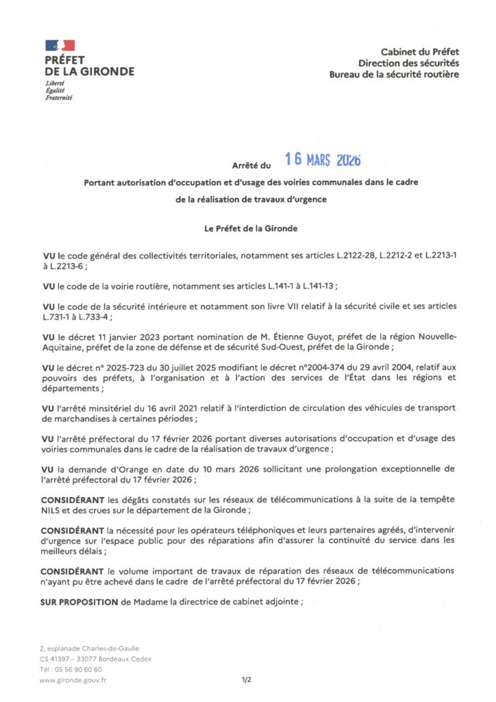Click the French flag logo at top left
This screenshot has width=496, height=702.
coord(60,45)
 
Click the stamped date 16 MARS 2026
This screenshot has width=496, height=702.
coord(322,160)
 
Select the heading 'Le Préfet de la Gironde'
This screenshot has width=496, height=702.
coord(248,228)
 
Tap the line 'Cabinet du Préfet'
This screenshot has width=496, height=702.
coord(419,51)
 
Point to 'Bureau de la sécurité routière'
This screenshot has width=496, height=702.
coord(394,73)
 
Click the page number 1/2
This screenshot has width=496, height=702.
coord(247,680)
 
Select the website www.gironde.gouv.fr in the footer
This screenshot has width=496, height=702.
coord(73,680)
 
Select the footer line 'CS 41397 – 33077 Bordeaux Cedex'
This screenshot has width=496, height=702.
coord(96,659)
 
